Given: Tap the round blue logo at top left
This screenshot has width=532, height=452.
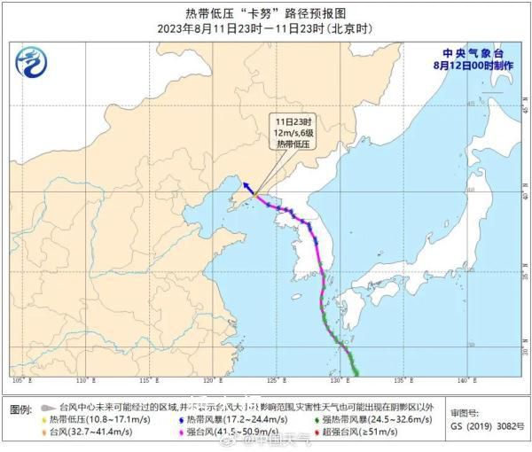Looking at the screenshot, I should [32, 62].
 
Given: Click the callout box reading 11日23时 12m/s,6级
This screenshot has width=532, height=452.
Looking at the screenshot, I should [293, 131].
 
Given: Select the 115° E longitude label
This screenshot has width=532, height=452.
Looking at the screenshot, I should [152, 380].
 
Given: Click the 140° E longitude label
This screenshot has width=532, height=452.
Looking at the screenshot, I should [462, 380].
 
